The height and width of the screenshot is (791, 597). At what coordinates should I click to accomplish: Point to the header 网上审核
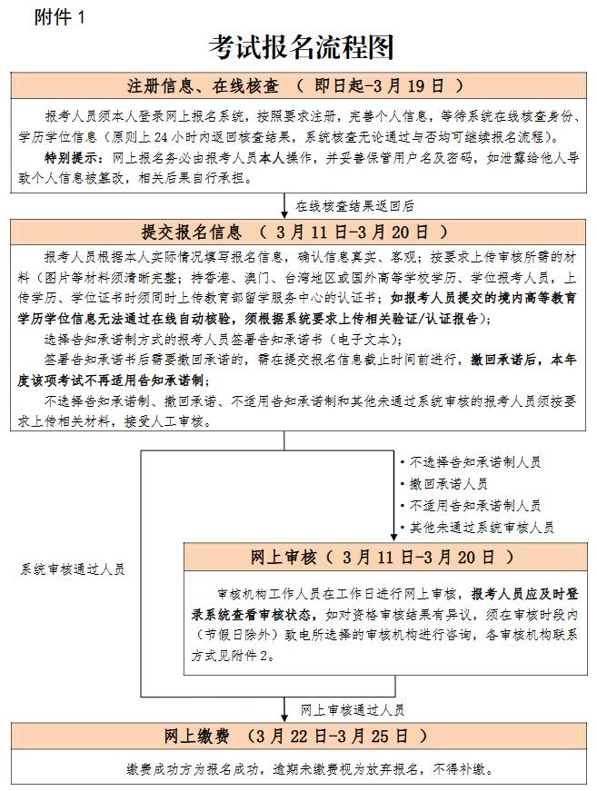[x=287, y=556]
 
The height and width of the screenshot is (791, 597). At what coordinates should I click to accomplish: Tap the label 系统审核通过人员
[x=73, y=569]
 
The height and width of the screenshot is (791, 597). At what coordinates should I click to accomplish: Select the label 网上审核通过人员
[x=353, y=709]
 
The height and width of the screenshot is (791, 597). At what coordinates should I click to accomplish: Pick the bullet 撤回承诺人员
[x=448, y=484]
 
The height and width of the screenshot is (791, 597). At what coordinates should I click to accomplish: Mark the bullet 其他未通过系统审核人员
[x=482, y=528]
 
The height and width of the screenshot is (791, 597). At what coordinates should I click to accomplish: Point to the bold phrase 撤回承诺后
[x=502, y=360]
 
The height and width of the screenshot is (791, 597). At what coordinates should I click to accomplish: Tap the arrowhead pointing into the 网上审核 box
[x=393, y=538]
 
